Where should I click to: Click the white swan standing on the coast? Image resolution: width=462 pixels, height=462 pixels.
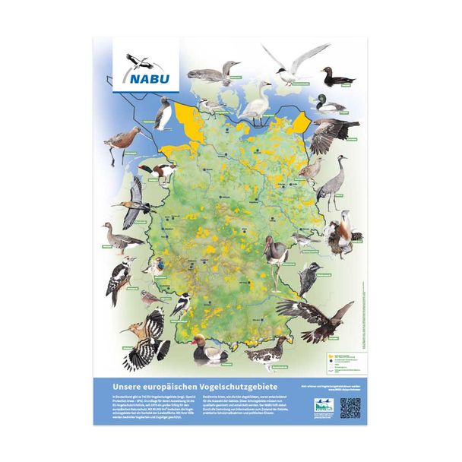pos(257,103)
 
